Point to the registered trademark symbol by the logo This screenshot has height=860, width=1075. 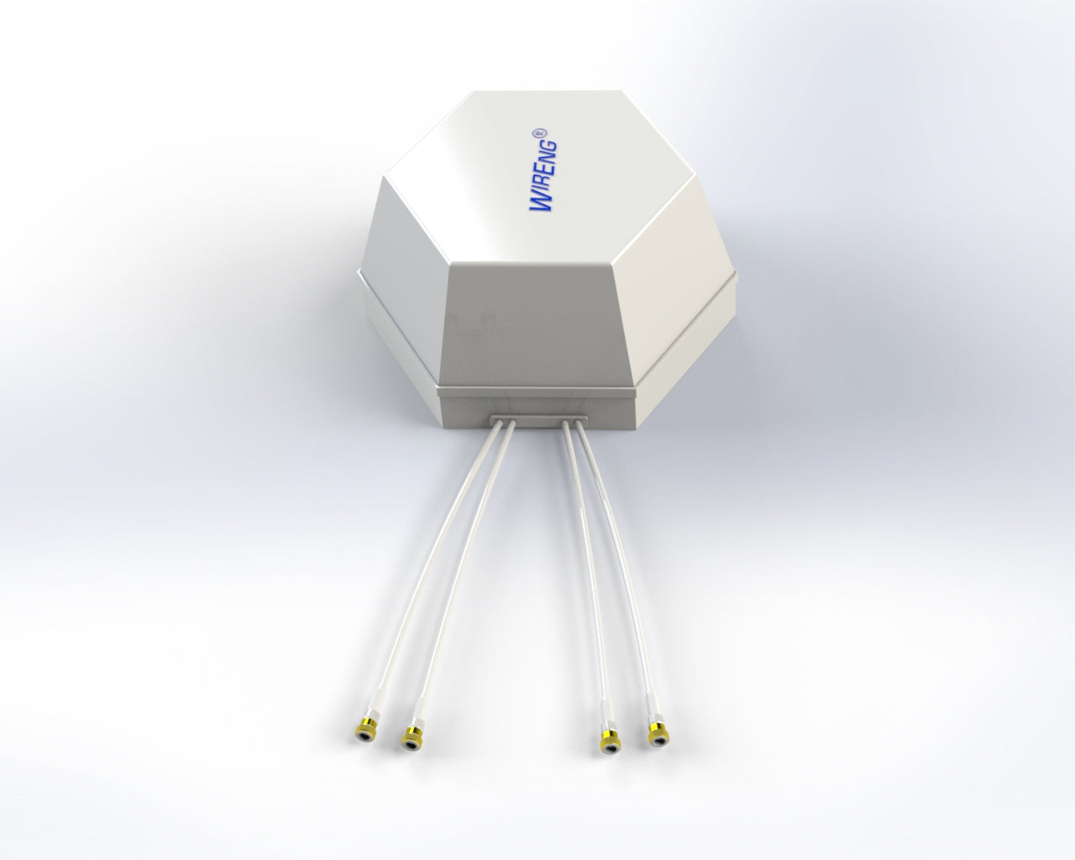pos(542,133)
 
